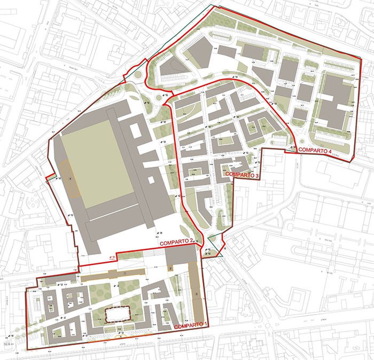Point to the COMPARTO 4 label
[x=315, y=152]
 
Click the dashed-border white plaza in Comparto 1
[x=121, y=315]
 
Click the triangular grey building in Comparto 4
[x=170, y=67]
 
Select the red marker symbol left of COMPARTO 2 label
[x=112, y=257]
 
